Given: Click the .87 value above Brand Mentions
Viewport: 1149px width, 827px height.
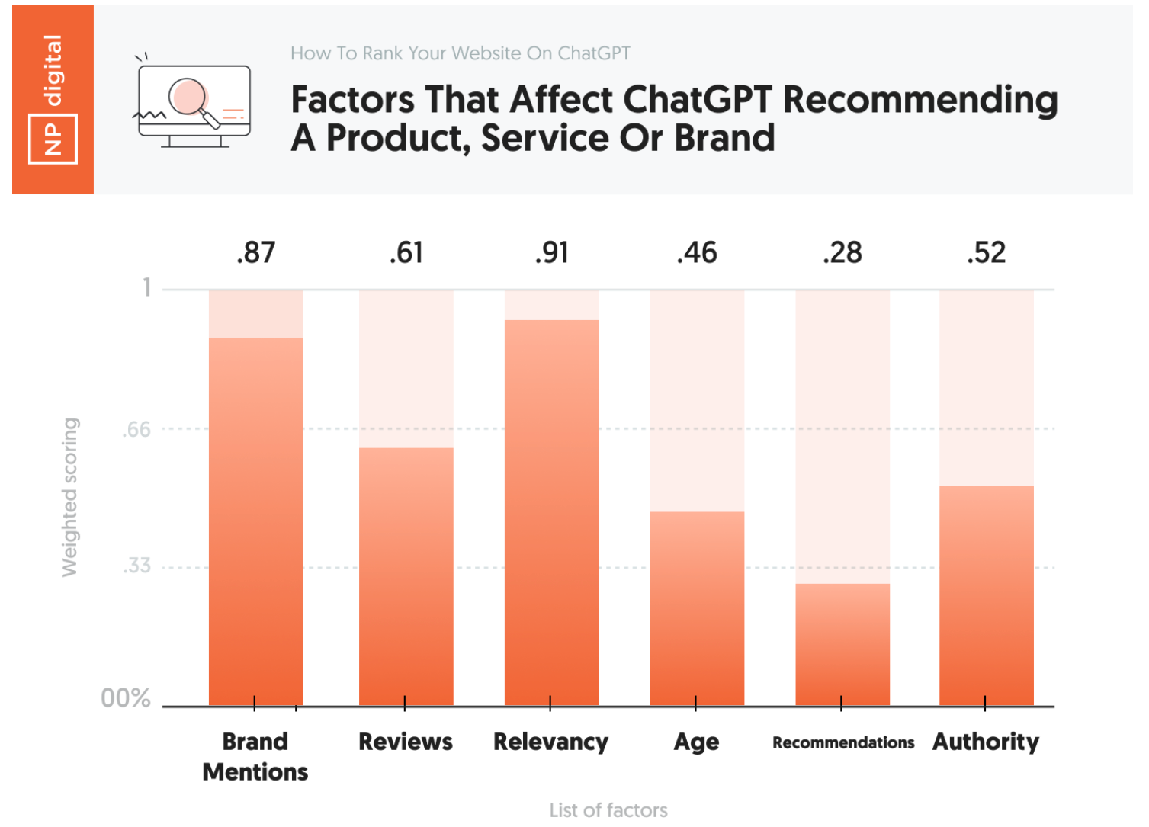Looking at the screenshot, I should pos(255,252).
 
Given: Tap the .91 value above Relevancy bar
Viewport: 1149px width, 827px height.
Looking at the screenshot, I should pos(551,252).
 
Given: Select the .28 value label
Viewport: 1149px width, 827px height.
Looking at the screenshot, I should pos(842,252).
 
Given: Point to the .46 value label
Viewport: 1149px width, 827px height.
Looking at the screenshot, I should pos(697,252).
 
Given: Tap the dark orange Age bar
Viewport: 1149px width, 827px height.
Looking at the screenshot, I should pos(697,609).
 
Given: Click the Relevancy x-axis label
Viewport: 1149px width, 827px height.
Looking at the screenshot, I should pos(550,742).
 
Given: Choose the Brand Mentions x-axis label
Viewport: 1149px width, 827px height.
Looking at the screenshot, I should pos(255,756).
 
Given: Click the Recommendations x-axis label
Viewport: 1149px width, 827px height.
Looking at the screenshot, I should pos(842,742).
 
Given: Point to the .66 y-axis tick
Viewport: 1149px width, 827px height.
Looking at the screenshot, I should pos(137,429).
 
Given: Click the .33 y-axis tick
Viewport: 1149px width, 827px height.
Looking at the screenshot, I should pos(137,566).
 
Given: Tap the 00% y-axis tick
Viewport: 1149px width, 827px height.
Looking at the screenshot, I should pos(126,697).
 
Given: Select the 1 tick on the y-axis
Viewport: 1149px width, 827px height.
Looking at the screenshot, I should pos(147,287).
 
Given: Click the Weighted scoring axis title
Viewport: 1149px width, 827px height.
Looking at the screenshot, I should pos(69,497).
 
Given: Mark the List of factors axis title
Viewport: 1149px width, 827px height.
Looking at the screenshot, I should pos(608,809).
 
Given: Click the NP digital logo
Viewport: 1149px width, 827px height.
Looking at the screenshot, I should pos(53,99).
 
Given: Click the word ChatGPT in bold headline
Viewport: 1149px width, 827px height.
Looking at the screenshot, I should pos(697,100).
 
